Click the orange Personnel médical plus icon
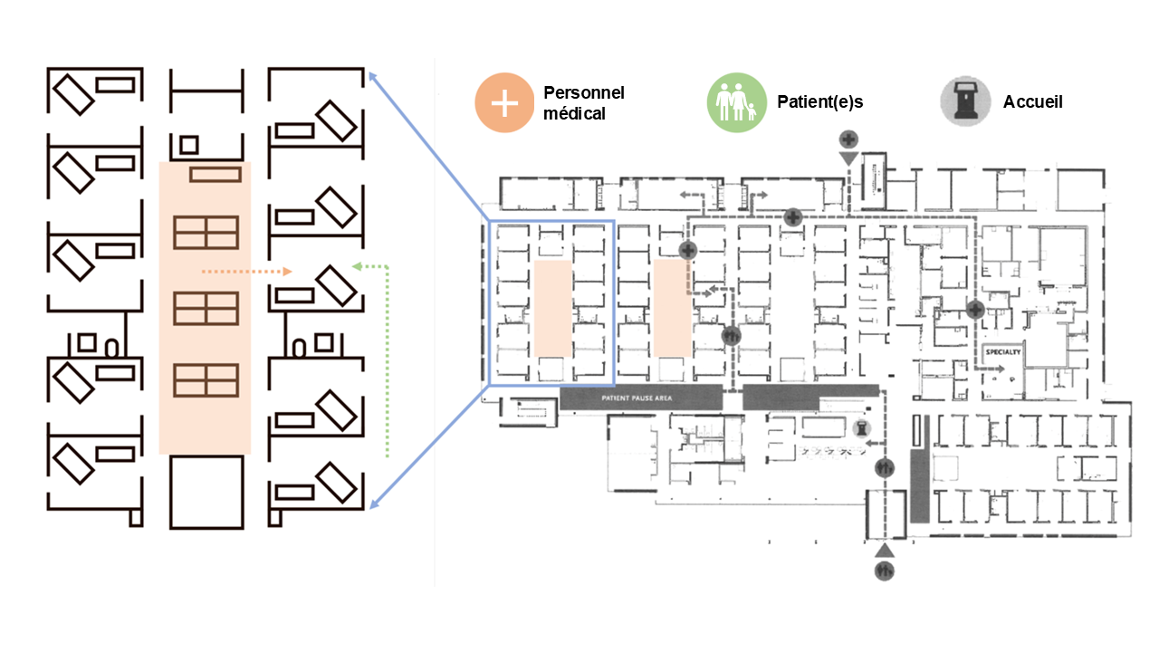(504, 102)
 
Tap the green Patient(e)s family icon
(736, 102)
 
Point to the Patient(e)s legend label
(819, 102)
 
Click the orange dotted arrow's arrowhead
(287, 271)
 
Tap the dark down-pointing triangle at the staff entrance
(848, 159)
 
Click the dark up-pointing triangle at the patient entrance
(885, 550)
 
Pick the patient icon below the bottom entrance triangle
(885, 571)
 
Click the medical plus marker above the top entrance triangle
(848, 139)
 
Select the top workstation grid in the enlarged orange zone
(206, 233)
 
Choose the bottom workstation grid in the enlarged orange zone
(206, 379)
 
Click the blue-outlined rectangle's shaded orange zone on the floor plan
(552, 308)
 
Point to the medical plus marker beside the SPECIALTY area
(975, 309)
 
